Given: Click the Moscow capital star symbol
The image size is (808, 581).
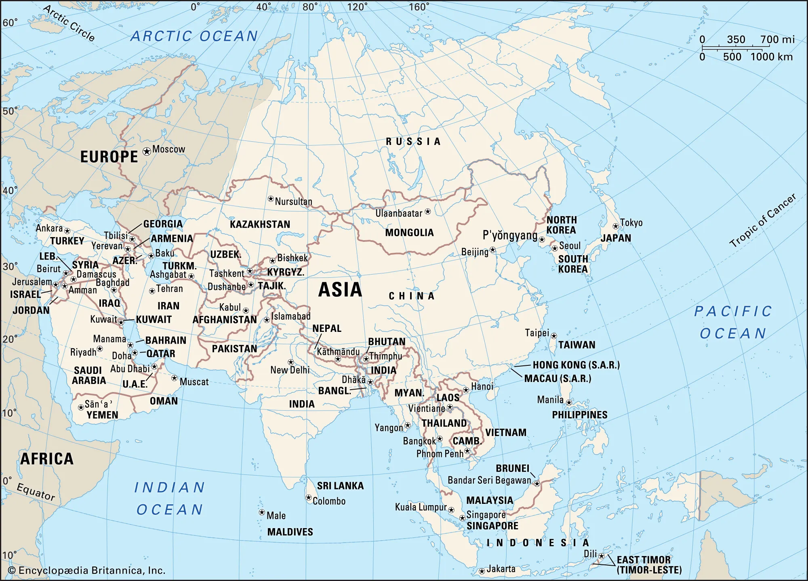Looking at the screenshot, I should click(x=147, y=151).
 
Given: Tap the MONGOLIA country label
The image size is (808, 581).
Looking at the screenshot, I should click(x=409, y=233).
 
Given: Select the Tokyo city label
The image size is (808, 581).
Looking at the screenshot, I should click(x=631, y=223).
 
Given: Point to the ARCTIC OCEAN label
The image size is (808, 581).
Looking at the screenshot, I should click(x=194, y=36).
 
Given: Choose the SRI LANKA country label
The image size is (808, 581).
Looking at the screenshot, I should click(x=340, y=486).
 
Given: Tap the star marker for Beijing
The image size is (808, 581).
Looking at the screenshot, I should click(x=492, y=250).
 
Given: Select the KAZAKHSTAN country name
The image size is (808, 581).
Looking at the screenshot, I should click(x=260, y=224).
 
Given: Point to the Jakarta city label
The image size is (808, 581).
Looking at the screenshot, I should click(x=501, y=569).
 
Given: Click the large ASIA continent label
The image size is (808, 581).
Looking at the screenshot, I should click(x=340, y=290).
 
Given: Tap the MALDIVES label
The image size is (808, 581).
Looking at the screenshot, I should click(x=290, y=532).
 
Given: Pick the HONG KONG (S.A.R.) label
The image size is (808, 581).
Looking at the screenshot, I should click(x=576, y=365).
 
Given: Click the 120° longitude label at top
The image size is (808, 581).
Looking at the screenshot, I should click(x=357, y=7).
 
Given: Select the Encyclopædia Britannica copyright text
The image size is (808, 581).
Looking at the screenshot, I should click(x=87, y=570).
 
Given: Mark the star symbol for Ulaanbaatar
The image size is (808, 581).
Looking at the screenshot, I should click(x=428, y=212).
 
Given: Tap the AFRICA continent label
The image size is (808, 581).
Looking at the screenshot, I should click(x=47, y=459).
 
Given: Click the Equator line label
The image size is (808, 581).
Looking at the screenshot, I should click(x=36, y=491).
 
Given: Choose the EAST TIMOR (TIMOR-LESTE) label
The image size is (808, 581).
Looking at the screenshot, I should click(x=648, y=565).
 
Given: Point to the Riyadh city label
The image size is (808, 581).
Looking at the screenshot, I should click(x=83, y=352).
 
